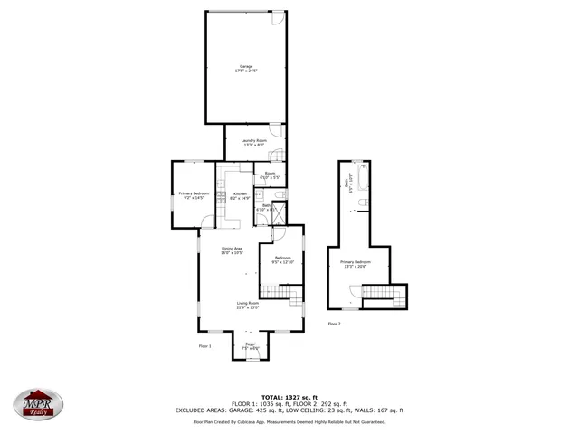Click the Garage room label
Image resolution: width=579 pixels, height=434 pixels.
(x=245, y=68)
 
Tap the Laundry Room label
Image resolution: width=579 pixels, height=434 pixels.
(x=253, y=142)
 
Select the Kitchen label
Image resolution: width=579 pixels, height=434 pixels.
(x=240, y=196)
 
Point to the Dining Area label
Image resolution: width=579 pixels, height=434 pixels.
(x=232, y=250)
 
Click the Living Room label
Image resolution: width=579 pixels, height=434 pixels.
(x=248, y=305)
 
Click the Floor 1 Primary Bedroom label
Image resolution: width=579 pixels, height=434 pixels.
(x=194, y=195)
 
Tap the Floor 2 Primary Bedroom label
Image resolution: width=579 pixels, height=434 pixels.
(x=355, y=264)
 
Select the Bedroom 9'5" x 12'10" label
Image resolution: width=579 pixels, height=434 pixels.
(x=282, y=259)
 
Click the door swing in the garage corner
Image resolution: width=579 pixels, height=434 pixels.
(x=280, y=19)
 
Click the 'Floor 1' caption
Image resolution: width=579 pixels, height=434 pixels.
(x=204, y=345)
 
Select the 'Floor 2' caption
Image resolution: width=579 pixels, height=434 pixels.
(x=334, y=323)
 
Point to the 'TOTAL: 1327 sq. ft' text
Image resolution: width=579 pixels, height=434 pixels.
(x=289, y=397)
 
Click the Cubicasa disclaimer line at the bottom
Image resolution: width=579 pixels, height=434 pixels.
(x=289, y=420)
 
